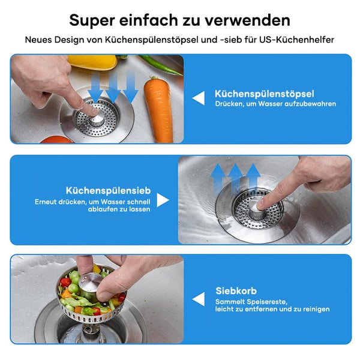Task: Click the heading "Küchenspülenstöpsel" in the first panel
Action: [x=264, y=94]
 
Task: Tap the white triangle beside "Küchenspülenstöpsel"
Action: [x=198, y=98]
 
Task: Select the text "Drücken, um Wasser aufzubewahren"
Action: [x=275, y=104]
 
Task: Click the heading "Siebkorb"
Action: [x=236, y=291]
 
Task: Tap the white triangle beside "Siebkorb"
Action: [x=198, y=299]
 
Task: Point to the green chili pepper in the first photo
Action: [x=158, y=64]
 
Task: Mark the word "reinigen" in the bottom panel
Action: [x=313, y=309]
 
